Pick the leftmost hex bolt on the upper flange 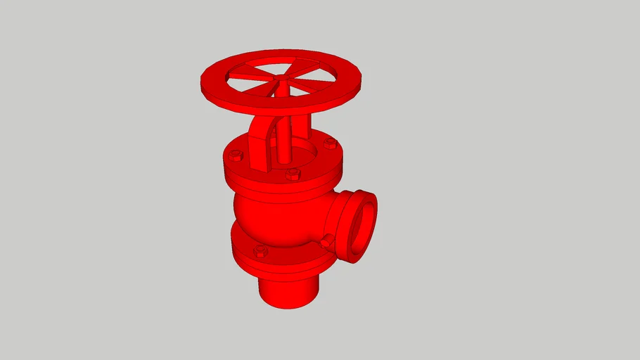pyautogui.click(x=236, y=155)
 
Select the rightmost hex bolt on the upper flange pyautogui.click(x=331, y=143)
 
